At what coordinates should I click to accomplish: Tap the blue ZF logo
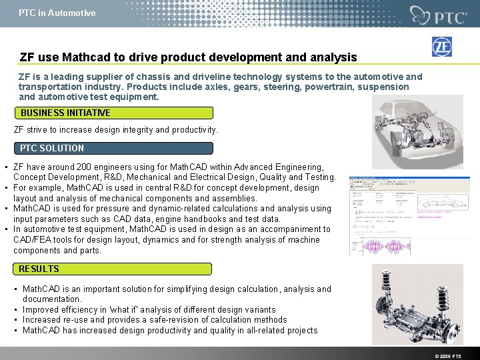[x=441, y=47]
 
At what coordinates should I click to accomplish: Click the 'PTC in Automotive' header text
[x=57, y=13]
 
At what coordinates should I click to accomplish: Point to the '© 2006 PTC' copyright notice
[x=447, y=356]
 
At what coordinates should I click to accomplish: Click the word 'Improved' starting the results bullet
[x=41, y=309]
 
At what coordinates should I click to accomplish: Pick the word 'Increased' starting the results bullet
[x=43, y=320]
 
